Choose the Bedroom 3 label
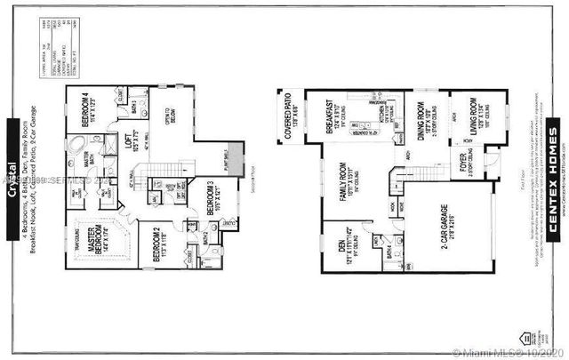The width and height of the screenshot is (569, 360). [x=212, y=199]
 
